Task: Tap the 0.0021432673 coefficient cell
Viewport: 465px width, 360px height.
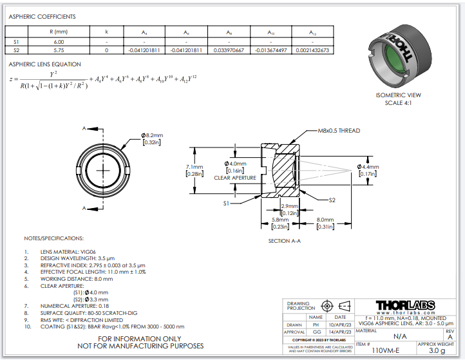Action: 312,50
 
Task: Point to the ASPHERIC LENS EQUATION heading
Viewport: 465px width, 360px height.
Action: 45,64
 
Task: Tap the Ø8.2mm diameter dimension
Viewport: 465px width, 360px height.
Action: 153,135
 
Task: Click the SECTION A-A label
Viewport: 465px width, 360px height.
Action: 285,242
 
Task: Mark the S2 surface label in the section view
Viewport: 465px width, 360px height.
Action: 332,200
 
